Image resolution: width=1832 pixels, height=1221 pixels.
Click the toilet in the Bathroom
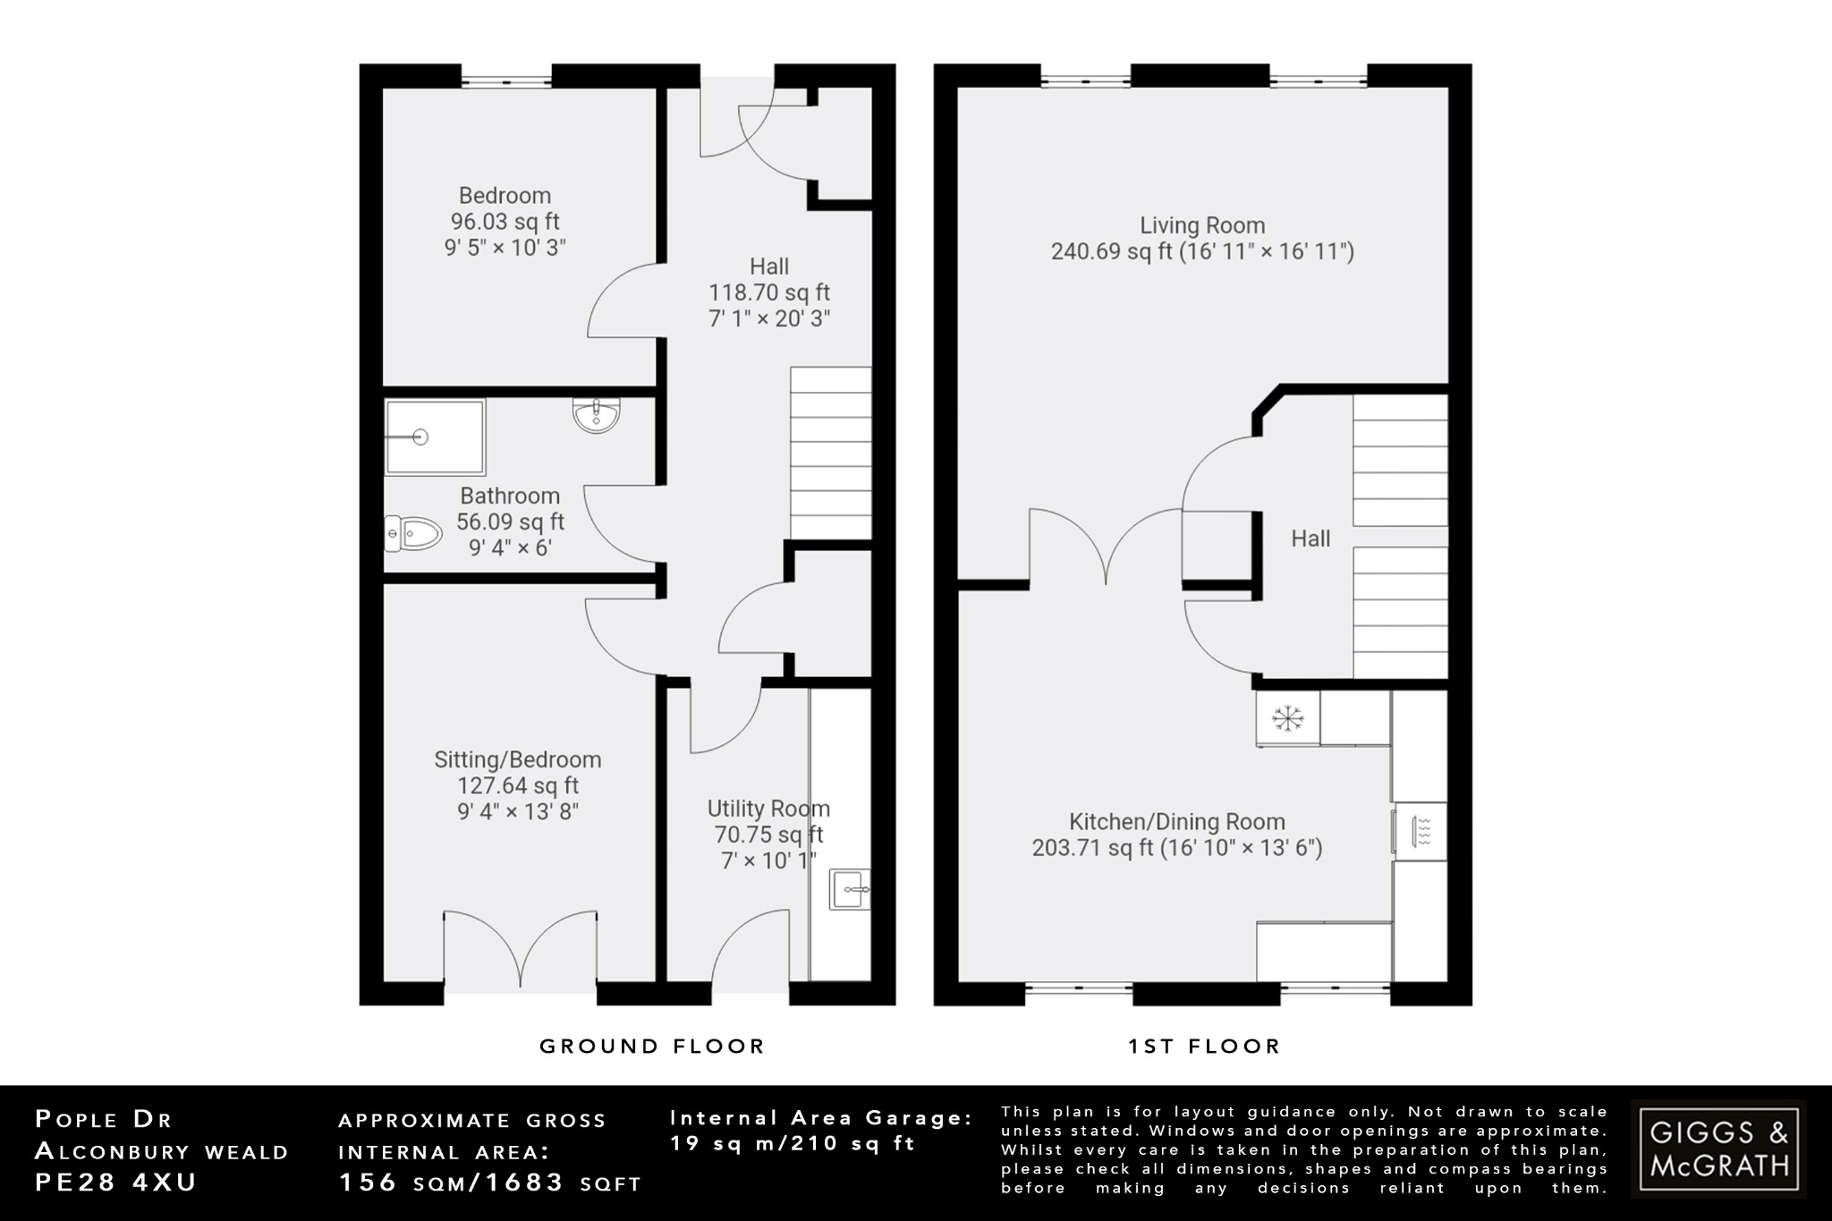[x=413, y=534]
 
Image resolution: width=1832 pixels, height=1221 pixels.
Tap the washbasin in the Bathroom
[x=596, y=416]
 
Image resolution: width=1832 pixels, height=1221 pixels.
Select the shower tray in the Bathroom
[x=435, y=437]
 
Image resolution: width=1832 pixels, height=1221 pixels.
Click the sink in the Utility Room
[x=849, y=889]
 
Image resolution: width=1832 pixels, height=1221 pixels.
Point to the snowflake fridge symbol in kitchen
[x=1288, y=717]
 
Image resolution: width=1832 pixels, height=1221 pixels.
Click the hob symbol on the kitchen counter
[x=1421, y=832]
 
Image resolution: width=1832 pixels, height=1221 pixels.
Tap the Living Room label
[x=1201, y=225]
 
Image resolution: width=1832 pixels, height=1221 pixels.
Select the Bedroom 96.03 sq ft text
[x=505, y=221]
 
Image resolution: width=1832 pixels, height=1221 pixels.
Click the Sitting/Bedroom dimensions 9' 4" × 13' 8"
[x=518, y=811]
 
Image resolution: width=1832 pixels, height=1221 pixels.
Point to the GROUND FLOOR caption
[x=652, y=1046]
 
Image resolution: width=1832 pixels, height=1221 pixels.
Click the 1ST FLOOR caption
[x=1204, y=1046]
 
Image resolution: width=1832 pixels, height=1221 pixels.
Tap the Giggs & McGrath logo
[x=1718, y=1149]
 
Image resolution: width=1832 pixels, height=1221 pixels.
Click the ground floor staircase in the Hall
[x=830, y=453]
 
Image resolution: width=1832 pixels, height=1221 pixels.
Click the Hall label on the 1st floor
[x=1310, y=538]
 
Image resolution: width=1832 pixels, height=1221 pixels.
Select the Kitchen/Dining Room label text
[x=1176, y=821]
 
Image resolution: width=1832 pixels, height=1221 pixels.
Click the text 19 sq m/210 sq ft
[x=793, y=1143]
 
